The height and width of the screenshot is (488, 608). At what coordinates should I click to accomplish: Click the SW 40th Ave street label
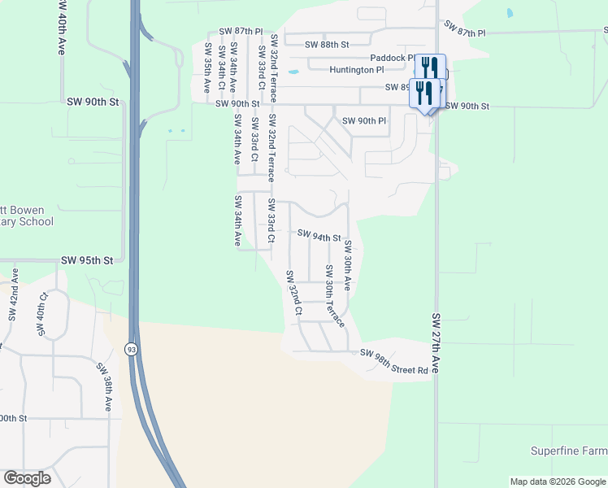[x=62, y=27]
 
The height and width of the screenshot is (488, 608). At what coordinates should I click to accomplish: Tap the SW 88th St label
[x=327, y=45]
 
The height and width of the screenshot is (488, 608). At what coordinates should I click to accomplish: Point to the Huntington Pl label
[x=357, y=70]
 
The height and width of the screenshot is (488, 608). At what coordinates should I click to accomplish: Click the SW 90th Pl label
[x=363, y=121]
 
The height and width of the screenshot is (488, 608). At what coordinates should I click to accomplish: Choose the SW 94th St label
[x=319, y=237]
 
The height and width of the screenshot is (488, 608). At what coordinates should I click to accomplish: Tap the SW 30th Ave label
[x=347, y=265]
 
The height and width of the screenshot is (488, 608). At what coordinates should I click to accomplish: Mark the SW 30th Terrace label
[x=334, y=295]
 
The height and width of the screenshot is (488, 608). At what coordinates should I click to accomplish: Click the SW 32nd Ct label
[x=293, y=293]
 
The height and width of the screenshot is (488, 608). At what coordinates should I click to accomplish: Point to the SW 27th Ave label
[x=436, y=342]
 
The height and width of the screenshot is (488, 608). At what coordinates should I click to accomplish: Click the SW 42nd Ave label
[x=14, y=303]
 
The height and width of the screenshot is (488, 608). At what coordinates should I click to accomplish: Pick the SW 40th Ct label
[x=41, y=315]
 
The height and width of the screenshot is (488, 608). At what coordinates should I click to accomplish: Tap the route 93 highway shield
[x=131, y=349]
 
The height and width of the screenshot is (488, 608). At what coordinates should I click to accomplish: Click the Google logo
[x=27, y=478]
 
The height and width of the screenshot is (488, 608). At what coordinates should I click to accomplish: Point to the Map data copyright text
[x=558, y=481]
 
